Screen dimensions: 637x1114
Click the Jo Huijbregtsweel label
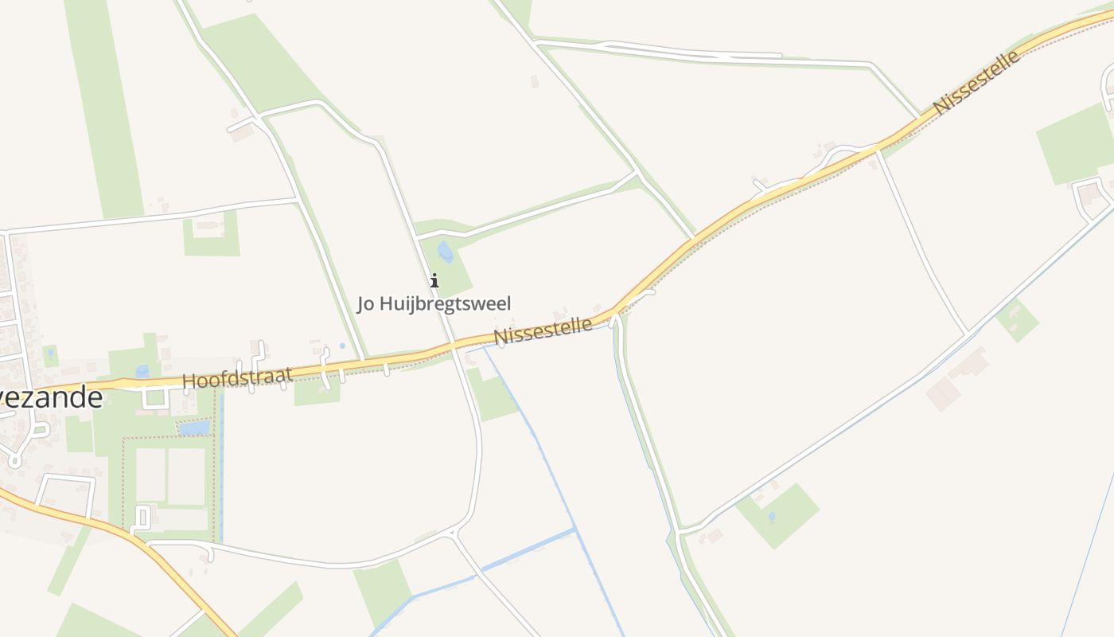(434, 303)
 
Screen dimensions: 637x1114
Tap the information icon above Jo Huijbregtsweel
(434, 280)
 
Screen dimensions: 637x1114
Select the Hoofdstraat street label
(237, 377)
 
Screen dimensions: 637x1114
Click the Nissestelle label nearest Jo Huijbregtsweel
(543, 330)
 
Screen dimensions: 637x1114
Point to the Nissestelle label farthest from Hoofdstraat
(976, 82)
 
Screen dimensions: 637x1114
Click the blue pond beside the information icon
(445, 252)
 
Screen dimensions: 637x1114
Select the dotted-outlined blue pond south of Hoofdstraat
(194, 428)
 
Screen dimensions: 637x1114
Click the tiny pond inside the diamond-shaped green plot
(771, 517)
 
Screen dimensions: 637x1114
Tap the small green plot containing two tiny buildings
(1016, 319)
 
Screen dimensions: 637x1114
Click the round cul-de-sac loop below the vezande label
(16, 459)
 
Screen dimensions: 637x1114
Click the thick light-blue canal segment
(525, 549)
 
